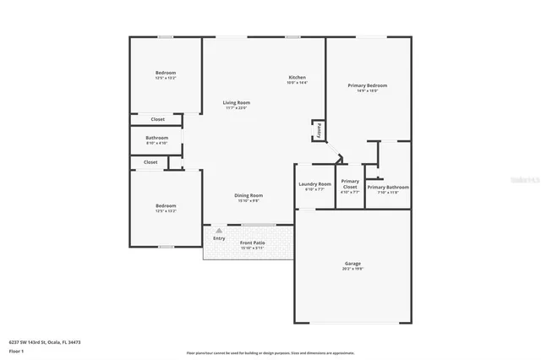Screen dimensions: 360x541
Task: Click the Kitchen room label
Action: pyautogui.click(x=297, y=77)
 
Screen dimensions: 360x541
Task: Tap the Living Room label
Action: pyautogui.click(x=237, y=102)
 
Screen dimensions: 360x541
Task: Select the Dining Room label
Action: pyautogui.click(x=249, y=195)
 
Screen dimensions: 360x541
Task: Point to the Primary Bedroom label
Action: pyautogui.click(x=368, y=85)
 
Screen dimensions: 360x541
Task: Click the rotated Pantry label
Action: pyautogui.click(x=319, y=130)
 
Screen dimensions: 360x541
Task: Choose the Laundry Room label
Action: pyautogui.click(x=314, y=184)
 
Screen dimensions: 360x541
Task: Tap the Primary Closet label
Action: pyautogui.click(x=350, y=183)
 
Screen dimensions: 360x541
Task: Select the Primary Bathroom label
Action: pyautogui.click(x=388, y=187)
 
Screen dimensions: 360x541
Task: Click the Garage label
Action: pyautogui.click(x=352, y=264)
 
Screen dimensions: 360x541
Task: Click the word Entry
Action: pyautogui.click(x=219, y=238)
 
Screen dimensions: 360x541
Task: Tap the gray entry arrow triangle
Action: pyautogui.click(x=219, y=230)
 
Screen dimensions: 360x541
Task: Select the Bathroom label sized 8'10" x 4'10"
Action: pyautogui.click(x=157, y=137)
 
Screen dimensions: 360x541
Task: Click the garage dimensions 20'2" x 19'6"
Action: pyautogui.click(x=352, y=269)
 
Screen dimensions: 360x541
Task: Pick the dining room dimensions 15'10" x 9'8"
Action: pyautogui.click(x=249, y=200)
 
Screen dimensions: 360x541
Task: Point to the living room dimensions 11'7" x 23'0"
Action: pyautogui.click(x=237, y=107)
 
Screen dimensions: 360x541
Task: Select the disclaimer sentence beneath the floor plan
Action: pyautogui.click(x=270, y=352)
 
